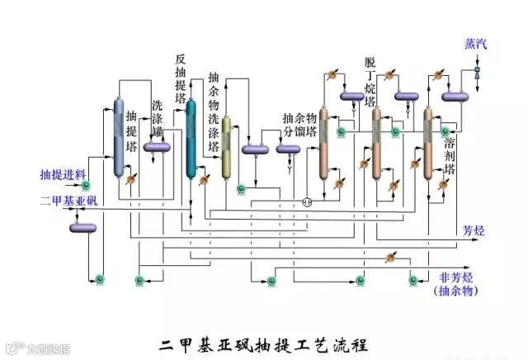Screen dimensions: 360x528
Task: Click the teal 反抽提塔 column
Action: click(x=191, y=139)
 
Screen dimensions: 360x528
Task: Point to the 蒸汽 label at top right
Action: click(x=476, y=43)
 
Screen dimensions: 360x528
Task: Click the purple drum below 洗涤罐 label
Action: click(x=157, y=147)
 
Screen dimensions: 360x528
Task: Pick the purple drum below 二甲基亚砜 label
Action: click(x=82, y=227)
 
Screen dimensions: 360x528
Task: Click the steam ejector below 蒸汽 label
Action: click(x=478, y=73)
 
